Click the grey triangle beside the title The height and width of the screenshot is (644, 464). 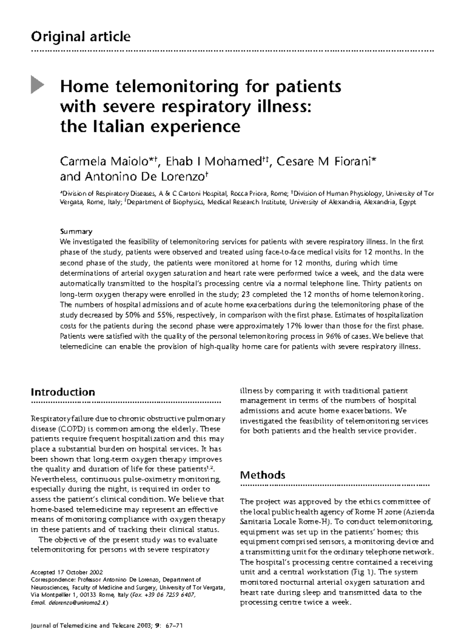[37, 85]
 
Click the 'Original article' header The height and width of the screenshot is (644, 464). [80, 37]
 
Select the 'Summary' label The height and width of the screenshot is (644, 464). [76, 232]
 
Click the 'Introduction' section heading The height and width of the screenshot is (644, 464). [63, 392]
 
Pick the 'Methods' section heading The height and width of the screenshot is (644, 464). [263, 475]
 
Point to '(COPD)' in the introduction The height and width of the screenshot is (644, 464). [72, 429]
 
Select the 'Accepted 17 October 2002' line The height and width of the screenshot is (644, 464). [67, 572]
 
